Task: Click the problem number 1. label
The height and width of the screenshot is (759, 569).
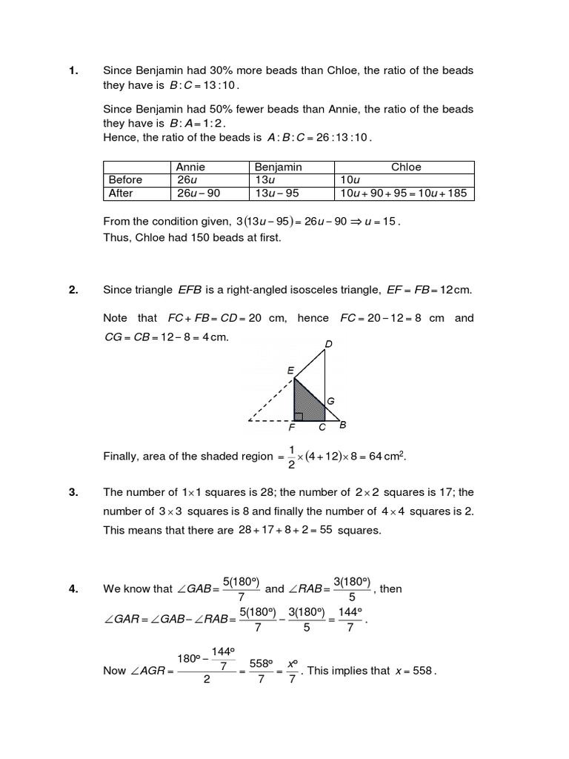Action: click(73, 70)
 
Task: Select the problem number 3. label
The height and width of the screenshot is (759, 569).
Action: click(73, 492)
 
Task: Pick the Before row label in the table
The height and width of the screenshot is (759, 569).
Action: click(125, 180)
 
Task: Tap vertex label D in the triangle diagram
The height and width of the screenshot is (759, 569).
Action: click(328, 343)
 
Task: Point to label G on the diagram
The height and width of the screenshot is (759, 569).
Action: click(330, 401)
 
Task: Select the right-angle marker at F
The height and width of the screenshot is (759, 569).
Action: click(299, 416)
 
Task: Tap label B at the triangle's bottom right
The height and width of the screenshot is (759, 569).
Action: click(342, 425)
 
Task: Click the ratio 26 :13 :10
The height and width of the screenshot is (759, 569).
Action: click(342, 138)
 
